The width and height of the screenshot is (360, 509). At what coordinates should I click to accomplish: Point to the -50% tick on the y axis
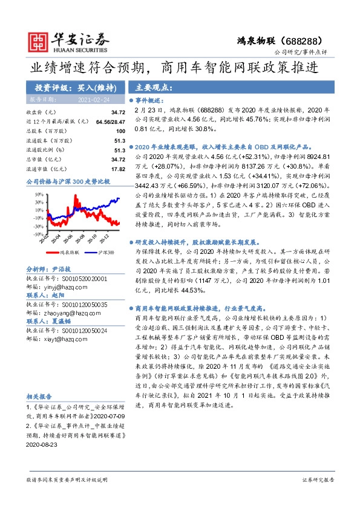[x=38, y=233]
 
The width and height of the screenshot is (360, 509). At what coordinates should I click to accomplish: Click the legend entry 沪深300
[x=98, y=251]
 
